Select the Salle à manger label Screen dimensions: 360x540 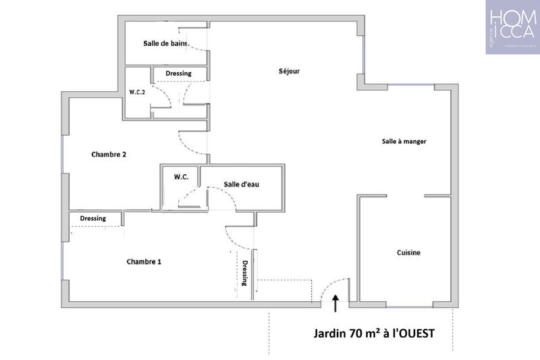pyautogui.click(x=404, y=141)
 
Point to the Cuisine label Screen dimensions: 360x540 pyautogui.click(x=408, y=253)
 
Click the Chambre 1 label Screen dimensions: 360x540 pyautogui.click(x=144, y=261)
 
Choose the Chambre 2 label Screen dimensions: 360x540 pyautogui.click(x=109, y=154)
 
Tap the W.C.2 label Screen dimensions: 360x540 pyautogui.click(x=138, y=92)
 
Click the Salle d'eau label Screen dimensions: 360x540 pyautogui.click(x=242, y=184)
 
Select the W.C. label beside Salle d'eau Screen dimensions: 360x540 pyautogui.click(x=180, y=177)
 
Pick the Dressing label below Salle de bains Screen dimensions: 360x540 pyautogui.click(x=178, y=73)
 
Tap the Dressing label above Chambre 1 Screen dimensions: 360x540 pyautogui.click(x=92, y=218)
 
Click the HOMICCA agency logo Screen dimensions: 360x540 pyautogui.click(x=512, y=28)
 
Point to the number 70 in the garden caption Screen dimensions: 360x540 pyautogui.click(x=352, y=333)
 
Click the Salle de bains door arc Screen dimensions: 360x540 pyautogui.click(x=196, y=41)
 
